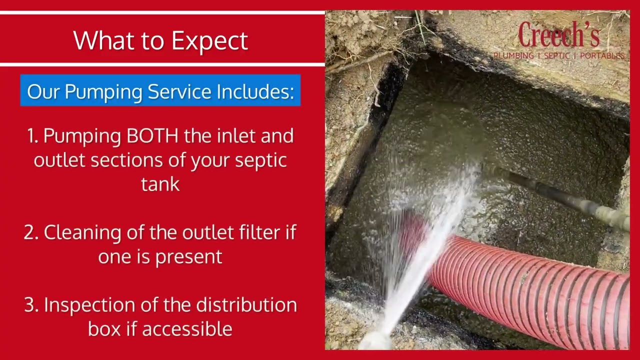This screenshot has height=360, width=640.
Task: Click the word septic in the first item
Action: pyautogui.click(x=262, y=160)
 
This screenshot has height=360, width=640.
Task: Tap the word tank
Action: pyautogui.click(x=160, y=184)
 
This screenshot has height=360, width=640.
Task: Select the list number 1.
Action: pyautogui.click(x=32, y=136)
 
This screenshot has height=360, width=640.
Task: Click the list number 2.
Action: pyautogui.click(x=31, y=232)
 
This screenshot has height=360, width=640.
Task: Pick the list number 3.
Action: pyautogui.click(x=31, y=305)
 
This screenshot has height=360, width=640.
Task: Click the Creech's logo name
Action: pyautogui.click(x=558, y=35)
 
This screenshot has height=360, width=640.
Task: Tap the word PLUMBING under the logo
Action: pyautogui.click(x=513, y=56)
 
